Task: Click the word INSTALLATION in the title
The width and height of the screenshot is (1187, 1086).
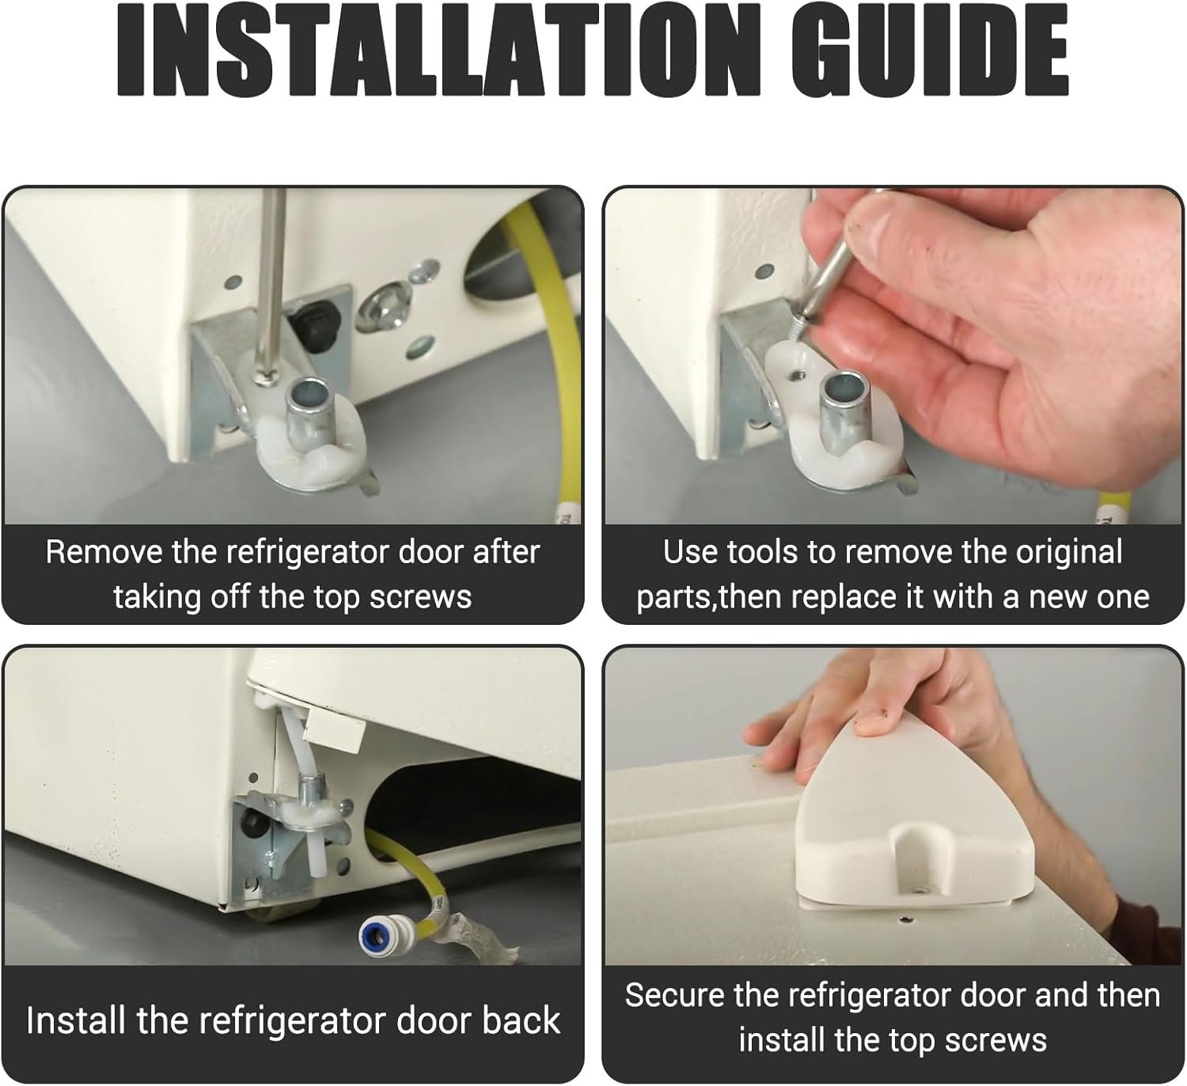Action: pyautogui.click(x=430, y=51)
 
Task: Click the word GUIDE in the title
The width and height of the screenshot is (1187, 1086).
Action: pyautogui.click(x=930, y=51)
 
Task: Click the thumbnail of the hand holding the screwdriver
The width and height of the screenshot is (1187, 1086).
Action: pyautogui.click(x=893, y=355)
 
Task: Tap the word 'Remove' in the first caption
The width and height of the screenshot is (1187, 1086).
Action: pyautogui.click(x=104, y=552)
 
